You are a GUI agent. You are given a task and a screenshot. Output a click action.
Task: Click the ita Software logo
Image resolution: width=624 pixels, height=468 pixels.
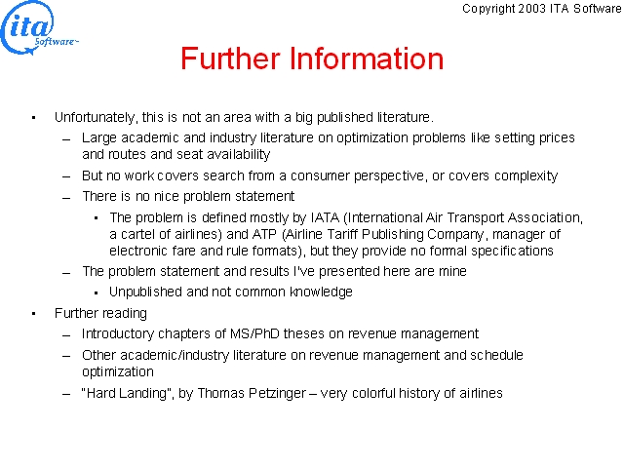pos(39,28)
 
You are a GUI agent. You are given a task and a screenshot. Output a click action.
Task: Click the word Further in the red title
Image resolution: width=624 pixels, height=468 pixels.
pos(230,58)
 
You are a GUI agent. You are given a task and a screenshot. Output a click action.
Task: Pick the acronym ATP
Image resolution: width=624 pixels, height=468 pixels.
pos(264,234)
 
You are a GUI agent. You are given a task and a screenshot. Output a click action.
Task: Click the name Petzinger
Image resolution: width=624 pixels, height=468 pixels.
pos(277,394)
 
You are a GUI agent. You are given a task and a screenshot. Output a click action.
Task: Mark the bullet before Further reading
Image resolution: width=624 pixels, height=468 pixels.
pos(34,314)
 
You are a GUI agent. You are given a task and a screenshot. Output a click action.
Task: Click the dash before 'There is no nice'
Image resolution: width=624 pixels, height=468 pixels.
pos(66,197)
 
